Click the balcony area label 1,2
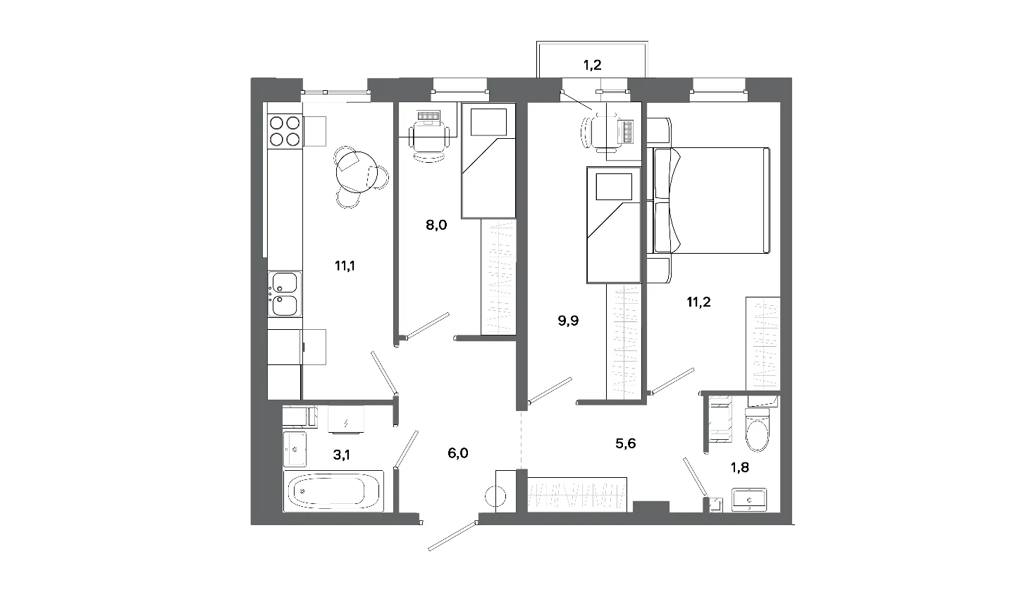click(x=592, y=66)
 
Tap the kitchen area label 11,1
click(x=345, y=266)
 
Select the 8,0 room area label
click(x=436, y=225)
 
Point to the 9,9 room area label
click(x=568, y=321)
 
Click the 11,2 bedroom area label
click(x=699, y=302)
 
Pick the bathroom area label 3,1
click(x=342, y=455)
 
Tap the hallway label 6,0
click(x=457, y=453)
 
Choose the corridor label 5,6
click(x=626, y=443)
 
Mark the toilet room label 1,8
click(x=740, y=467)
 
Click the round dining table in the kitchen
click(x=357, y=172)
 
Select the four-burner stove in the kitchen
click(x=285, y=130)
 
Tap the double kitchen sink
click(x=285, y=294)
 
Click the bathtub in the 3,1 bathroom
click(x=333, y=491)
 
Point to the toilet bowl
click(x=757, y=429)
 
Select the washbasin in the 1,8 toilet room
click(x=749, y=500)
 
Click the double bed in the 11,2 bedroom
click(x=708, y=200)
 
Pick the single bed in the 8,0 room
click(x=488, y=161)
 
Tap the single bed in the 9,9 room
click(x=614, y=225)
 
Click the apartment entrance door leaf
click(x=452, y=536)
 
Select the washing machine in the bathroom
click(x=345, y=419)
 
